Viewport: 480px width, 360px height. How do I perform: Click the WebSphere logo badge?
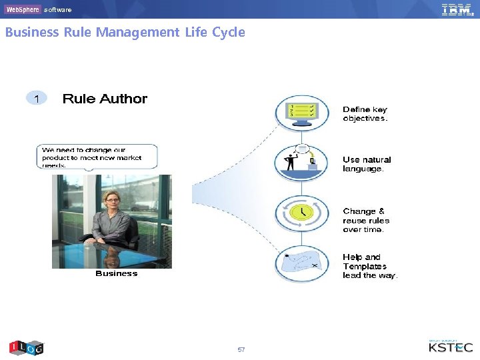point(23,9)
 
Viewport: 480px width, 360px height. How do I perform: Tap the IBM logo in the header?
point(457,9)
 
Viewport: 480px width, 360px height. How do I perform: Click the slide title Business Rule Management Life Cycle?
point(125,32)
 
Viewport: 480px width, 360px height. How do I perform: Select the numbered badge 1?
point(37,99)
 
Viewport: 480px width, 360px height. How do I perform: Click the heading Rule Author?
point(105,99)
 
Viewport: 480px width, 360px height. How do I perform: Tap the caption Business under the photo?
point(116,273)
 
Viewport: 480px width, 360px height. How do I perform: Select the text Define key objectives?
point(365,114)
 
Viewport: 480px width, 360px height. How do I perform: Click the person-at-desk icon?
point(301,162)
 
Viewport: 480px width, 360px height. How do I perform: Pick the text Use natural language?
point(367,164)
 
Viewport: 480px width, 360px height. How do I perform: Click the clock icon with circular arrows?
point(302,213)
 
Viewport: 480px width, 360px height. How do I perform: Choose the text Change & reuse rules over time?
point(366,220)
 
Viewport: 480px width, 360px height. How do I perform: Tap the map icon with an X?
point(302,264)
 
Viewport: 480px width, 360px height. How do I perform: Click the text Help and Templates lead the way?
point(369,266)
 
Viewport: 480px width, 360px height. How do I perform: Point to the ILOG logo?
point(26,347)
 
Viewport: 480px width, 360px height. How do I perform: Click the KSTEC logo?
point(451,346)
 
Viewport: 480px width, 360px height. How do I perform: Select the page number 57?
point(241,349)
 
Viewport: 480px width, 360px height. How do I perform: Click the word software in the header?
point(58,10)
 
